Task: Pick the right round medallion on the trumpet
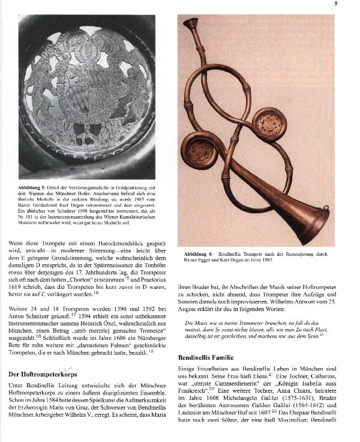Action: pos(269,124)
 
